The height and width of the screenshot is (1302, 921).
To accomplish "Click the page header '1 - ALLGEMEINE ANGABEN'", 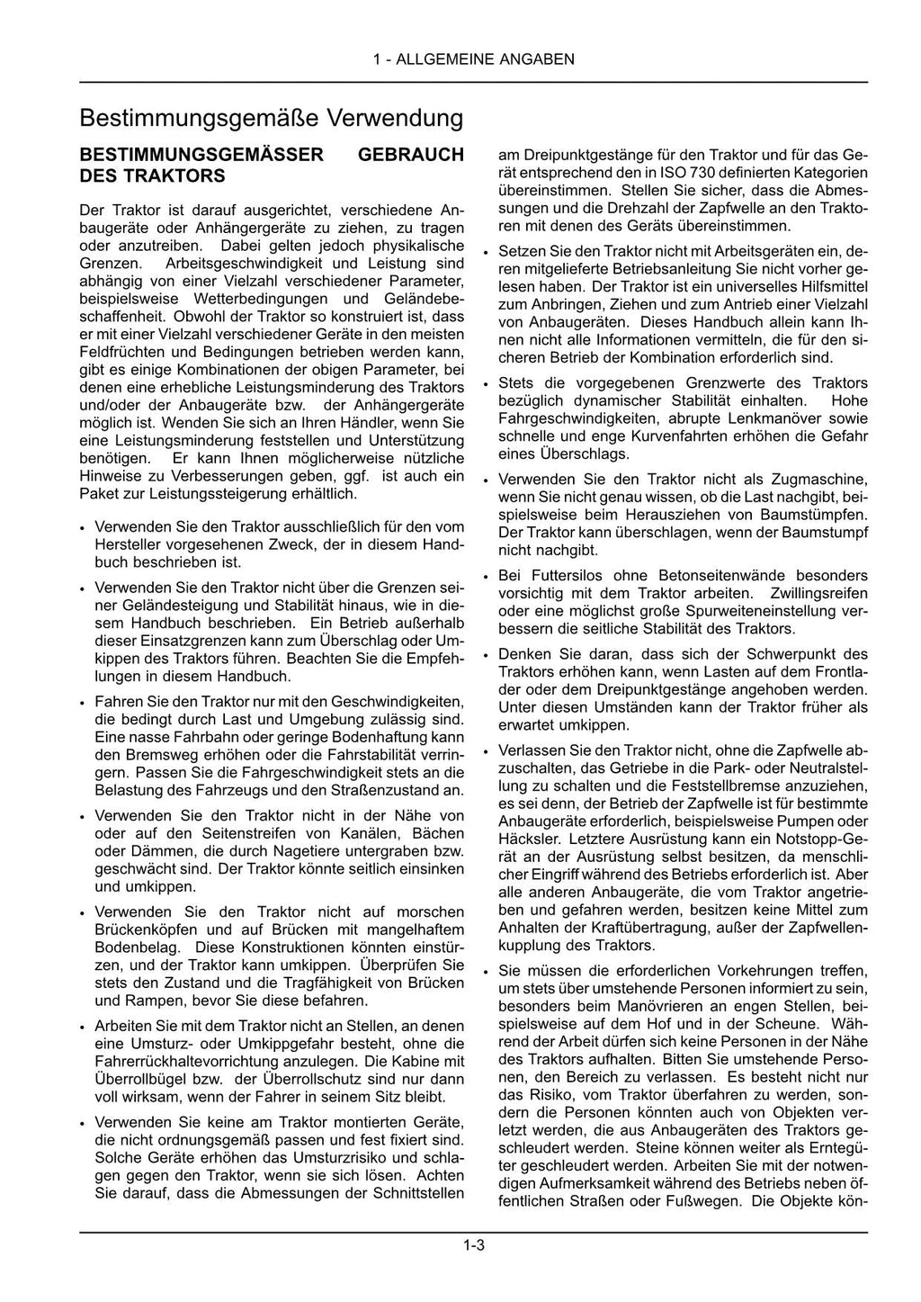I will (x=473, y=60).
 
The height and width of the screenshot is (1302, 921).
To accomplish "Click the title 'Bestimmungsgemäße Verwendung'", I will (x=271, y=119).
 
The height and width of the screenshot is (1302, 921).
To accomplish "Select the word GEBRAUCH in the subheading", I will (x=411, y=155).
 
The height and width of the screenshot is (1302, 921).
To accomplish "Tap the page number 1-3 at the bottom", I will (x=474, y=1245).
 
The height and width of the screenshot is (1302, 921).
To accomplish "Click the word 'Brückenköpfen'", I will (x=148, y=929).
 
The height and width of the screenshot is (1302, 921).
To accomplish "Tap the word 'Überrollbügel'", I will (x=139, y=1080).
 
